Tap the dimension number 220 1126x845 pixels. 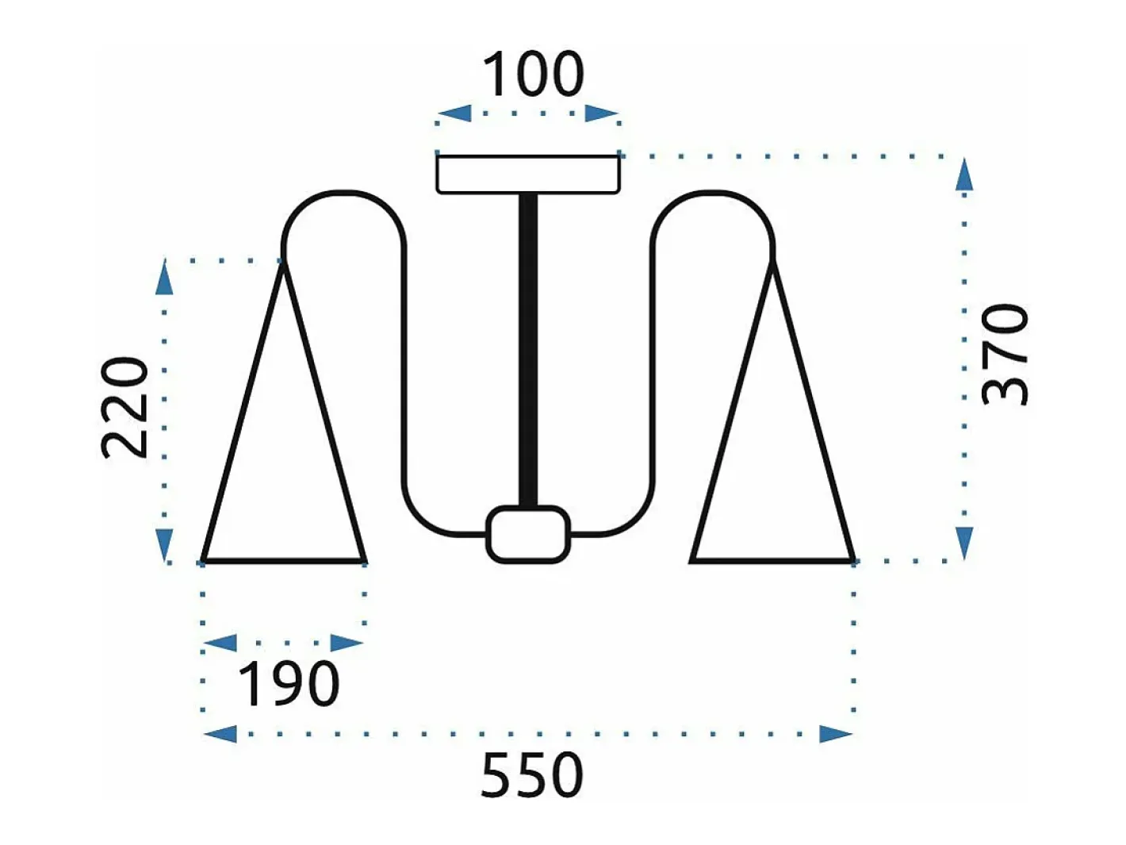(124, 407)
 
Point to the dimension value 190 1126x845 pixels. (289, 684)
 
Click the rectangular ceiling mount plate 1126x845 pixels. (528, 175)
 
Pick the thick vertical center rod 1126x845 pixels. (528, 351)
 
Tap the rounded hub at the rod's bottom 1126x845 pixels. (528, 534)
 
